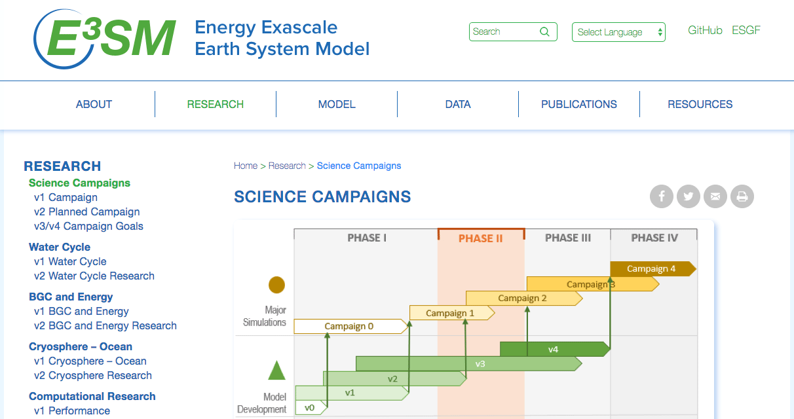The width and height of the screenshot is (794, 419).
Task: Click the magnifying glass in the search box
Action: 544,31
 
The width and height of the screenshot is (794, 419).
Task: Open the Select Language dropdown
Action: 618,32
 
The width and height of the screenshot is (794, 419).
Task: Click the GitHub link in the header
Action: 705,30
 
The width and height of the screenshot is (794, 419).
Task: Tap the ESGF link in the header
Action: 746,30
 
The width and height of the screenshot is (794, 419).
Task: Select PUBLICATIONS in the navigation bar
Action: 578,104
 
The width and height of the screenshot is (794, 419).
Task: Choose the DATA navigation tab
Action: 458,104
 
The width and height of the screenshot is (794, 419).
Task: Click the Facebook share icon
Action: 662,196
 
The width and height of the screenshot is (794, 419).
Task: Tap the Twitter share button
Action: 689,196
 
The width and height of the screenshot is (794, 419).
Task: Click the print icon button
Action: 742,196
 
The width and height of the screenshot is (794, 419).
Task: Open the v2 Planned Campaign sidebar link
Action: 86,211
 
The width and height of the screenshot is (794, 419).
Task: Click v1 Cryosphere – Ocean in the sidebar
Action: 90,361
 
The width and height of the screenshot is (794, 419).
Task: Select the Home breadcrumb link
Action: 246,166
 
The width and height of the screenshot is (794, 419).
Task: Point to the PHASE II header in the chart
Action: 481,238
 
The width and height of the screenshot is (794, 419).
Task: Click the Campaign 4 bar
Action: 652,268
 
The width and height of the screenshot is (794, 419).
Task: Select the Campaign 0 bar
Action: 350,326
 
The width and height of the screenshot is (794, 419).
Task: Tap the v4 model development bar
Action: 554,349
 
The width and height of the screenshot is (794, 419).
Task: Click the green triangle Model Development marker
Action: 277,371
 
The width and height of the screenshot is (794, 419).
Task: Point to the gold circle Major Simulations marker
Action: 277,285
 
